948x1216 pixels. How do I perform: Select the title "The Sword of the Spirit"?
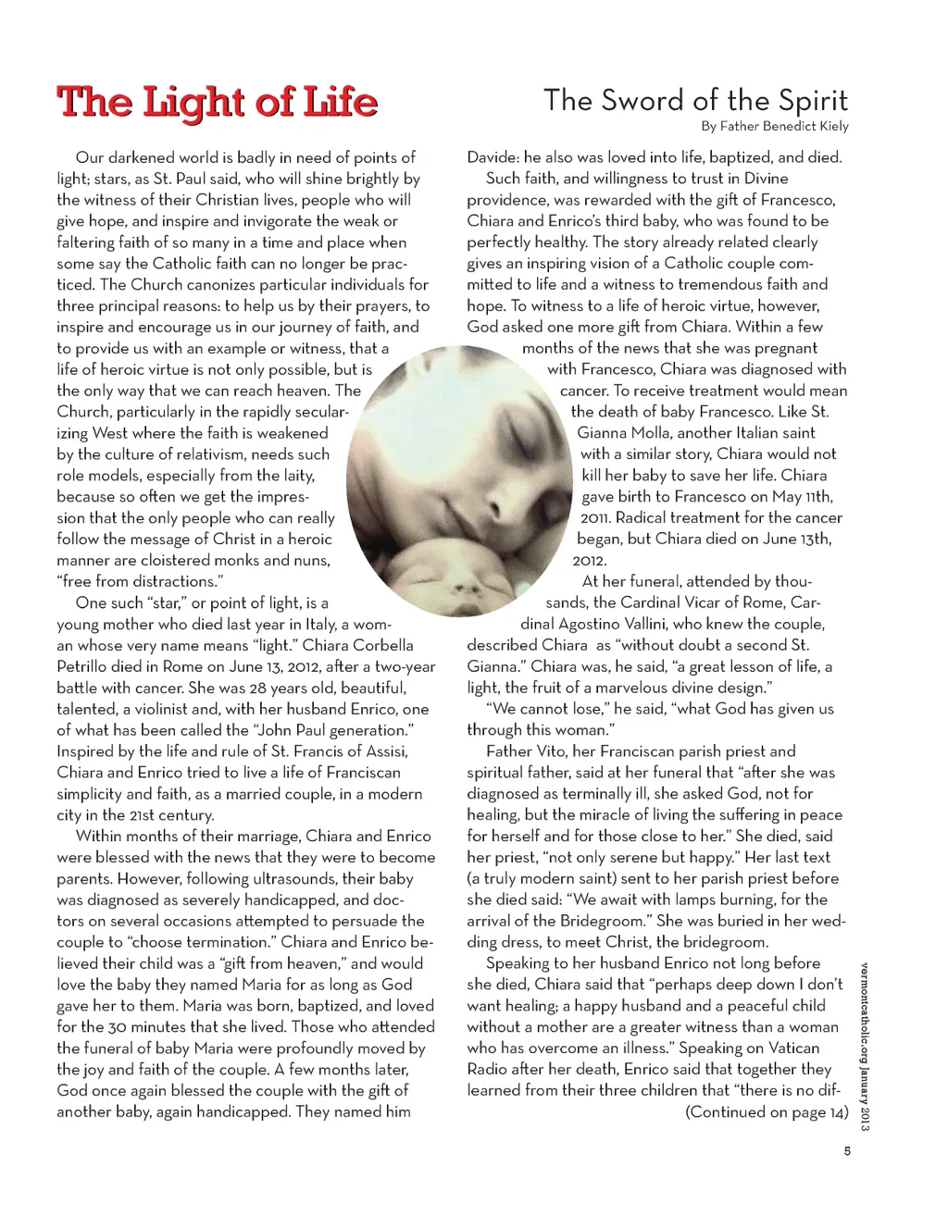(x=695, y=100)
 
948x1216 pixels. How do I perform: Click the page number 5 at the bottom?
(x=846, y=1152)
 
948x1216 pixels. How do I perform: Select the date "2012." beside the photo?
(x=589, y=561)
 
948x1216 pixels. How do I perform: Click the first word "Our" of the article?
(x=90, y=157)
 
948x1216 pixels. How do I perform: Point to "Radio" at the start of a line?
(x=489, y=1070)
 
